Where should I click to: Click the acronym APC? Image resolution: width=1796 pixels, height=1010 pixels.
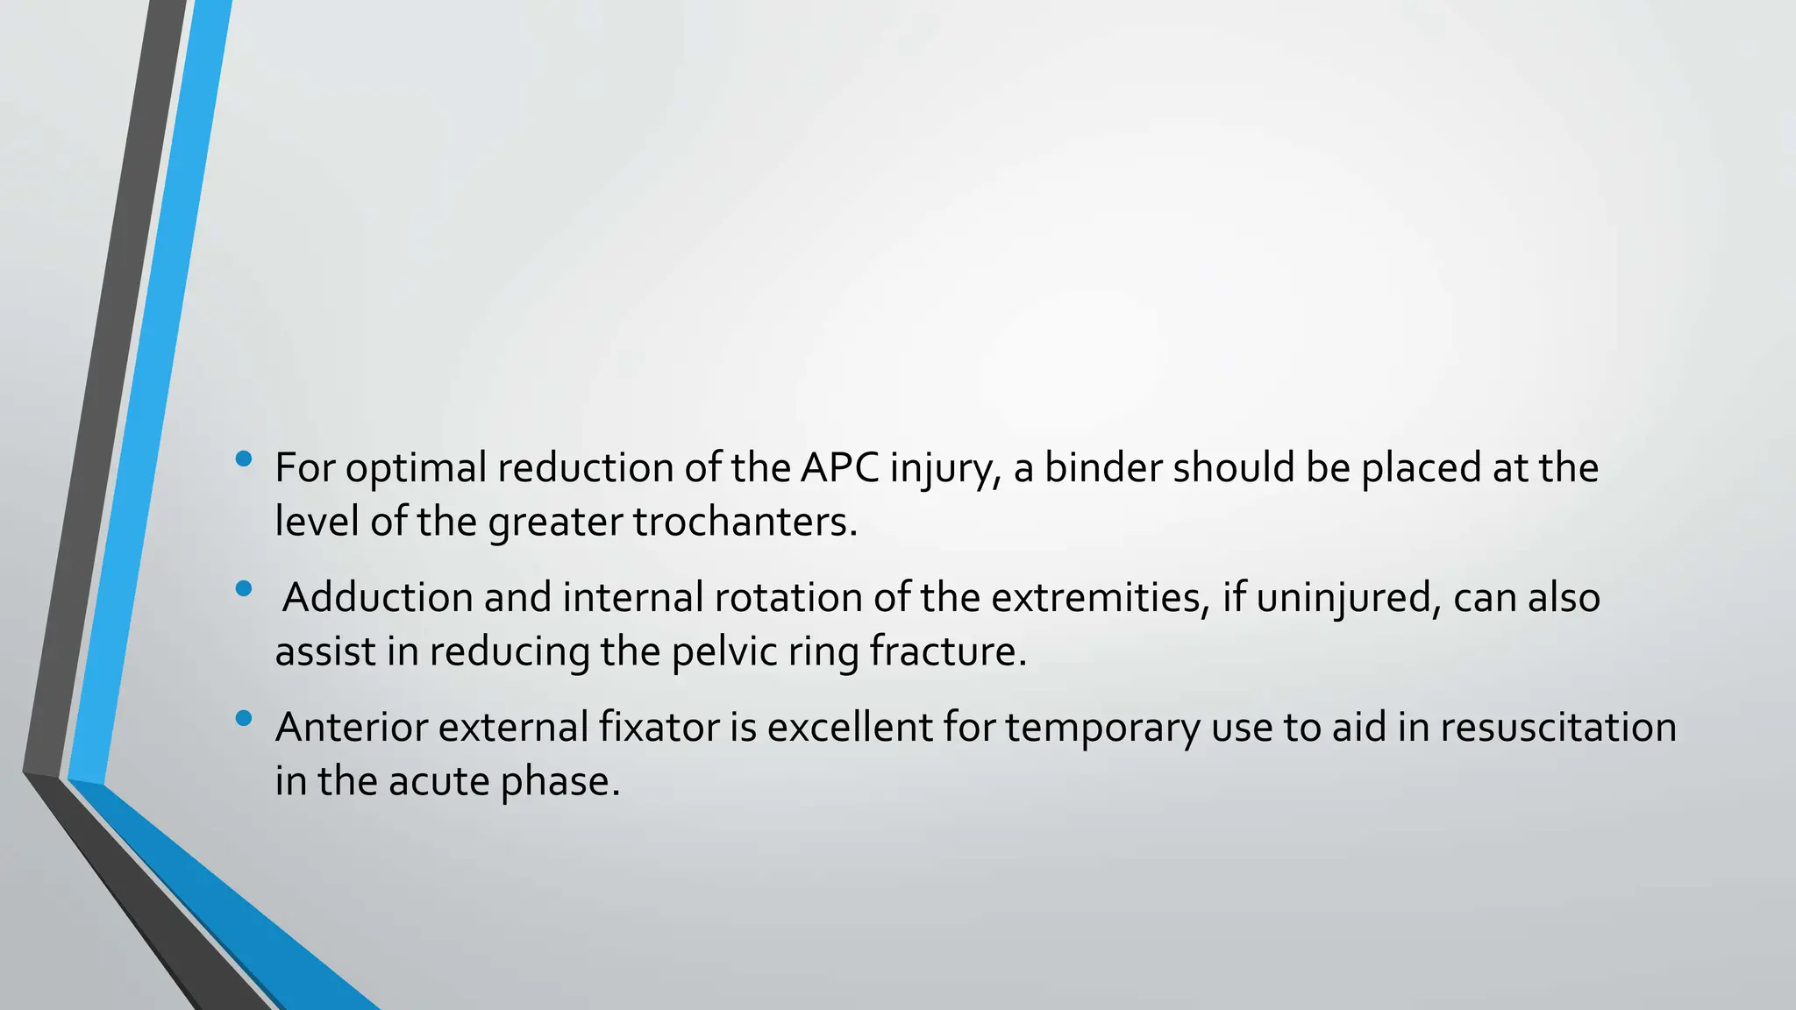839,467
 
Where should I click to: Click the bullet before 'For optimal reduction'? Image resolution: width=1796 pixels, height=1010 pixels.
244,459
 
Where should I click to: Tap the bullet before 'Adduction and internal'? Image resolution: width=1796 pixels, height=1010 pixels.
244,588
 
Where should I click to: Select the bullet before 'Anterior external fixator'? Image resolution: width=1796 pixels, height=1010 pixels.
244,719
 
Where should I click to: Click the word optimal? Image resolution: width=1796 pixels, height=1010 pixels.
416,469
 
